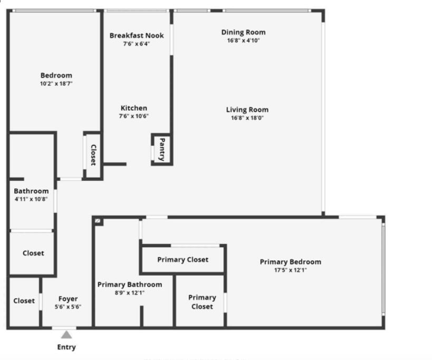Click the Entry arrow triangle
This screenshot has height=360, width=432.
tap(66, 335)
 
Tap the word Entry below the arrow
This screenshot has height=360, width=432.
tap(66, 347)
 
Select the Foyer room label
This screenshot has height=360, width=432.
tap(68, 299)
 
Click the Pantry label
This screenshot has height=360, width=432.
tap(162, 149)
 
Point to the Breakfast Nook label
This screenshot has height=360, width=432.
tap(137, 35)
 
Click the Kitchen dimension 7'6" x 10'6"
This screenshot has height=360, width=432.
tap(134, 116)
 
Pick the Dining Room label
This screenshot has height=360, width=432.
tap(243, 32)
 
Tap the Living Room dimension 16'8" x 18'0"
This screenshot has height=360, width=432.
tap(247, 118)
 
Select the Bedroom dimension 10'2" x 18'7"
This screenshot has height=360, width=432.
tap(56, 83)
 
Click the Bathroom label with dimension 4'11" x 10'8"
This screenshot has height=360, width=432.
tap(31, 191)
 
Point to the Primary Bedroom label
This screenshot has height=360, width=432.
tap(290, 262)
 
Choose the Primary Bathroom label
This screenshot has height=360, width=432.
tap(130, 285)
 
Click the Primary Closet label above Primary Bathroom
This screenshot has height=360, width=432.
tap(183, 259)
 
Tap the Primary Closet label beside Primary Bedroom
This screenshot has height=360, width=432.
tap(202, 301)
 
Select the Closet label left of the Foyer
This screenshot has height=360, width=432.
tap(24, 301)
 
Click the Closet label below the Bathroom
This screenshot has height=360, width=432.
tap(33, 253)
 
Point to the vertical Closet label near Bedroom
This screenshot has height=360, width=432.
tap(93, 155)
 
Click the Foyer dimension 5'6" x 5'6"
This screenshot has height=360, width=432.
tap(68, 307)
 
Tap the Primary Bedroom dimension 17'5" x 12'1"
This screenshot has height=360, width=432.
tap(290, 270)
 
